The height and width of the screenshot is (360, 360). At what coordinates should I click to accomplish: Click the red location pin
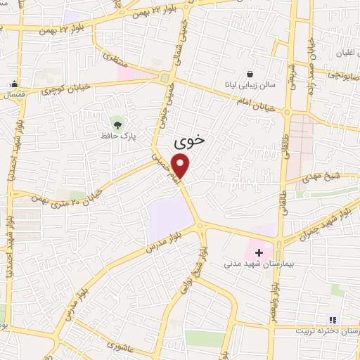pos(181,166)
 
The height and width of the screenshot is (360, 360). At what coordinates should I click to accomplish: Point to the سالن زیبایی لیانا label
pos(252,85)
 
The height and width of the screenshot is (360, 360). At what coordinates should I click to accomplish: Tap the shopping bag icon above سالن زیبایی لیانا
pos(250,73)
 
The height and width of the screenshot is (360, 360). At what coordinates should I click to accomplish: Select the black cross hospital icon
pos(259,252)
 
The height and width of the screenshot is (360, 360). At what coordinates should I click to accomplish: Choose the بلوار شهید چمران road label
pos(323,225)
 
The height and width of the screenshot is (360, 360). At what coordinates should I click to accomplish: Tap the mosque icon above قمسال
pos(13,84)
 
